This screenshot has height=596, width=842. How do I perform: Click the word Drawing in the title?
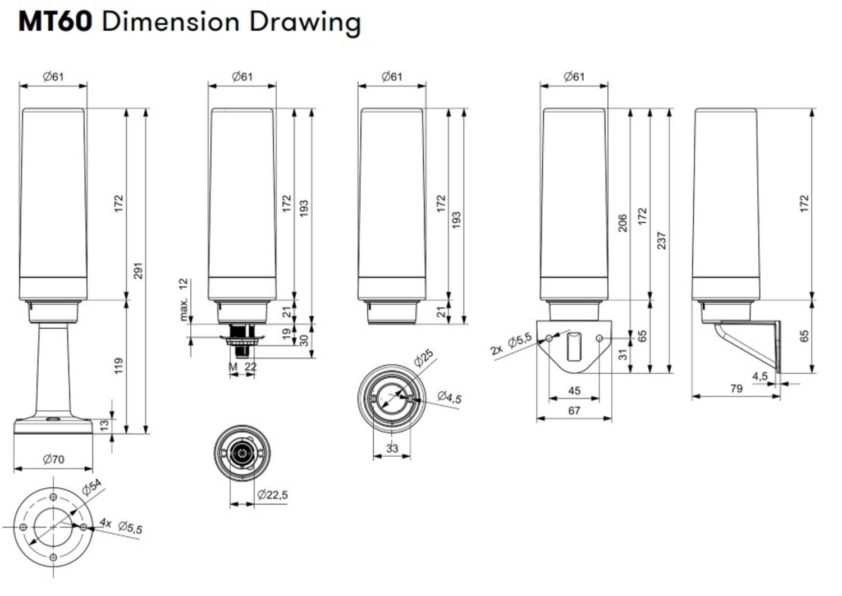[x=305, y=22]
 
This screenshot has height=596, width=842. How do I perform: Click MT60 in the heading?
[x=55, y=22]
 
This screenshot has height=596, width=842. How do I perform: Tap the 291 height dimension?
[x=139, y=271]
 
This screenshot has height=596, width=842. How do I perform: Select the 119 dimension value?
[x=118, y=366]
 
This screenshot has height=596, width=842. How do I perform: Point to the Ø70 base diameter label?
[x=53, y=460]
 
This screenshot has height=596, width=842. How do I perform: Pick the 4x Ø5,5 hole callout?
[x=121, y=526]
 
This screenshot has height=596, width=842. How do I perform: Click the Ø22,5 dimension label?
[x=272, y=495]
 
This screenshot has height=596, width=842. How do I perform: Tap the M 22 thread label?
[x=242, y=367]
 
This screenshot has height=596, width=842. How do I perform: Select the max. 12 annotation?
[x=184, y=300]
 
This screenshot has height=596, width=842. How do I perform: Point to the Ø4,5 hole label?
[x=449, y=397]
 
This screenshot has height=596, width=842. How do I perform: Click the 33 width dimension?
[x=392, y=448]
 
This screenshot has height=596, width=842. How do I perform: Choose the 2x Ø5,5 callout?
[x=510, y=344]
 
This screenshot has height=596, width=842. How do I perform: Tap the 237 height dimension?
[x=662, y=240]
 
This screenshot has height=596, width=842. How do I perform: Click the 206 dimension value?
[x=622, y=223]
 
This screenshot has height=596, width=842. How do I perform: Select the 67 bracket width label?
[x=574, y=411]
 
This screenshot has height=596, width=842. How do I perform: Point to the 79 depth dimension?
[x=736, y=388]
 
